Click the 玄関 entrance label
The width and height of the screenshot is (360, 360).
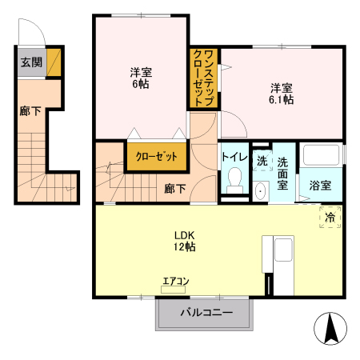[31, 62]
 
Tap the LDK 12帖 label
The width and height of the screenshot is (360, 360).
[186, 241]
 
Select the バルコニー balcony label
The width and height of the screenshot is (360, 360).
[206, 313]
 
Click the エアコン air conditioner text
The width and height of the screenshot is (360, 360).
[175, 281]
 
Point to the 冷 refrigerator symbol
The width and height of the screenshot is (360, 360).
[329, 216]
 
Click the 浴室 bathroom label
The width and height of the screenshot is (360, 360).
[322, 186]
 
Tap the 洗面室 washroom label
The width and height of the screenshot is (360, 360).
[283, 174]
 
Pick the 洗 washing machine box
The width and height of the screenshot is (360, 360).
[262, 161]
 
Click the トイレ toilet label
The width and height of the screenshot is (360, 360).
[234, 157]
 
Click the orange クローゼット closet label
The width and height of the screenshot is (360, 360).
[156, 156]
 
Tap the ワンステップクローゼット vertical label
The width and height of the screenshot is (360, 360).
[203, 78]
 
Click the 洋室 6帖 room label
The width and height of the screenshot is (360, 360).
[142, 78]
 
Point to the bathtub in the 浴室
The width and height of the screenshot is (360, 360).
[322, 158]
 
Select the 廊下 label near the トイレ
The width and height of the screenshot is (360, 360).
[175, 189]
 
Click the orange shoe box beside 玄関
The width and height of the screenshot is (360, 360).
[54, 62]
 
